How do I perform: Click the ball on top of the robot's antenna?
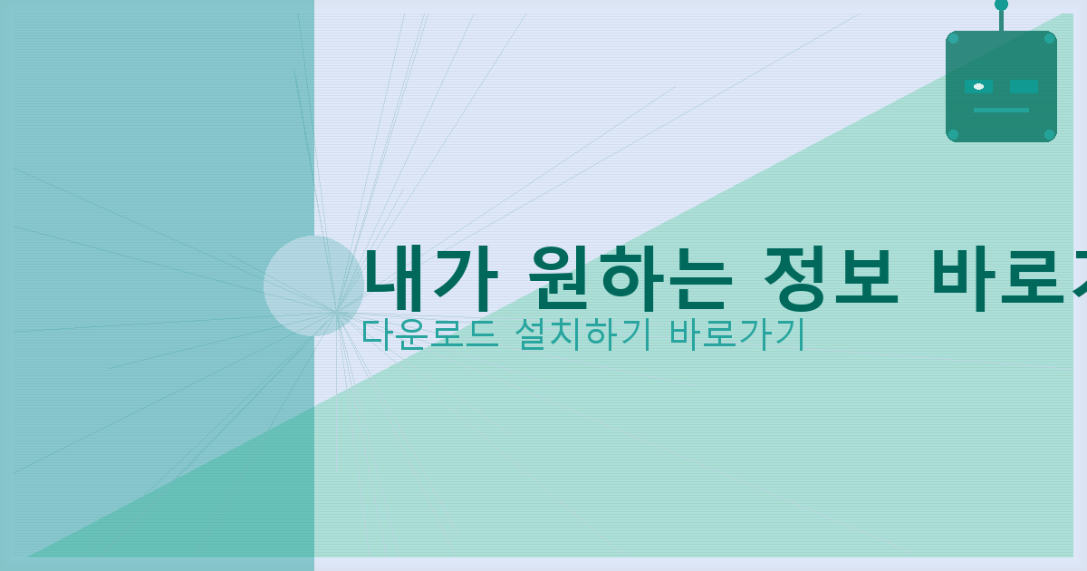pos(1001,5)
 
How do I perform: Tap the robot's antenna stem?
pos(1001,20)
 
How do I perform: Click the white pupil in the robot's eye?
pos(978,87)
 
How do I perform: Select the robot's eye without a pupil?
pos(1024,87)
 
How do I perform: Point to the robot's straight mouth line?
pos(1001,110)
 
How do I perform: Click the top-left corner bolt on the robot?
pos(953,39)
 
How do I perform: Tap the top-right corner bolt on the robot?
pos(1049,39)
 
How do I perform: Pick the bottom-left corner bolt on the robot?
pos(953,134)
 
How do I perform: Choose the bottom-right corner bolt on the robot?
pos(1049,134)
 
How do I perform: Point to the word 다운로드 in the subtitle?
pos(428,334)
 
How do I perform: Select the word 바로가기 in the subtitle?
pos(736,334)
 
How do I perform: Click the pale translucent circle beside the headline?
pos(313,285)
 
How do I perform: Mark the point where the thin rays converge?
pos(336,311)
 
